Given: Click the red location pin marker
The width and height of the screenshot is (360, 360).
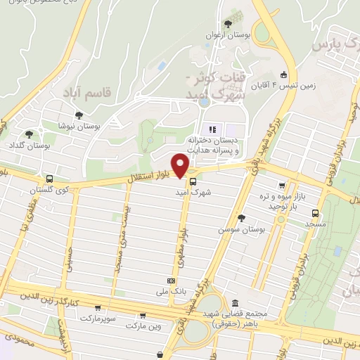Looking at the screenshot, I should [x=181, y=166].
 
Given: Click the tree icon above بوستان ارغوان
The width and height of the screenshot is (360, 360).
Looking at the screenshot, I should [x=226, y=23].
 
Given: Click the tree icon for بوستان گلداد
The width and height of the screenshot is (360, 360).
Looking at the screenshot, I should [x=29, y=134].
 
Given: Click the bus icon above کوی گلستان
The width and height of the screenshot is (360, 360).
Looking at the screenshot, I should [x=49, y=179].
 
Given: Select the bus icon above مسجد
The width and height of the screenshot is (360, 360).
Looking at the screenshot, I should [x=315, y=211].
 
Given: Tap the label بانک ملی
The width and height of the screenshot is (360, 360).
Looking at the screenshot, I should [x=172, y=290].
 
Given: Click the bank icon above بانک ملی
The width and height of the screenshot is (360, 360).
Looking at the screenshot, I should [x=173, y=279].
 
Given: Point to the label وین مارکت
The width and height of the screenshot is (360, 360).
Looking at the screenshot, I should [x=144, y=326].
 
